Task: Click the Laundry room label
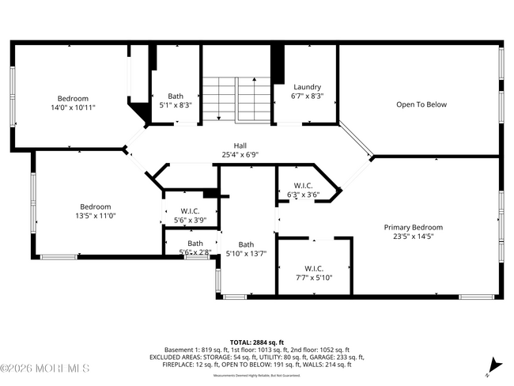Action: click(x=307, y=87)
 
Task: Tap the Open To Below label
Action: click(x=421, y=104)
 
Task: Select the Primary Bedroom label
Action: click(x=408, y=227)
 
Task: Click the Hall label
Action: click(x=240, y=146)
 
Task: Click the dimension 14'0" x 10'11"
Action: click(x=72, y=108)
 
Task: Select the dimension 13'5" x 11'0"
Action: click(x=95, y=215)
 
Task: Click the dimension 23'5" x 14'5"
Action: click(x=408, y=236)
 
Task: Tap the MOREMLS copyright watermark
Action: click(x=45, y=369)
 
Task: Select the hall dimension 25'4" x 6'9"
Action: click(x=240, y=155)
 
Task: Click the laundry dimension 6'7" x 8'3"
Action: click(x=307, y=96)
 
